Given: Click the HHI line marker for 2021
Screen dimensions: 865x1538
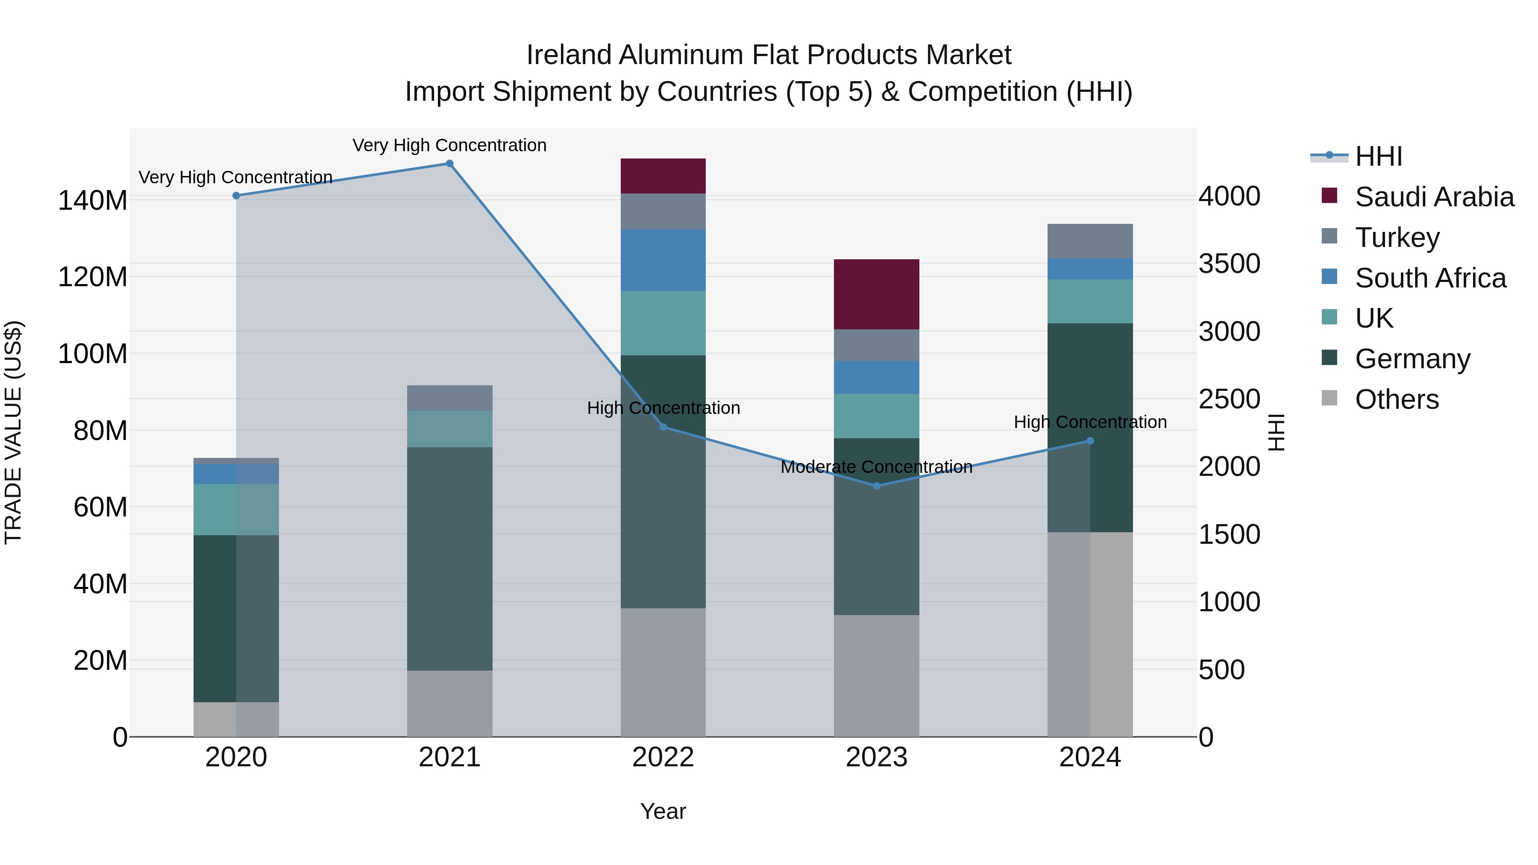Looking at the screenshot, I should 449,164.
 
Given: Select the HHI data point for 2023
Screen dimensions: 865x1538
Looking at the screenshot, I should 877,486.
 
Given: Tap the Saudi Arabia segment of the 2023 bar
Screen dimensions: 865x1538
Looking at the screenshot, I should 877,294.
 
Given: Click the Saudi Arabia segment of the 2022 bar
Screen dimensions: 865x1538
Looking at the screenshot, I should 663,176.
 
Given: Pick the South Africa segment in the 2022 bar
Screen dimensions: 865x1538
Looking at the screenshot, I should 663,260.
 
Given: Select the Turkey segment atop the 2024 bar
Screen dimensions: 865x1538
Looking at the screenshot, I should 1090,241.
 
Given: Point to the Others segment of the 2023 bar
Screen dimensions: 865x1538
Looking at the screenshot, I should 877,676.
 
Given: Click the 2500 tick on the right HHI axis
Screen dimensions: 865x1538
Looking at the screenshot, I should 1229,399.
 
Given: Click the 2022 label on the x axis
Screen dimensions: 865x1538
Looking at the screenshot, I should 663,757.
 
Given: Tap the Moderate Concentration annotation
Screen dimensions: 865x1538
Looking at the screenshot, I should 877,467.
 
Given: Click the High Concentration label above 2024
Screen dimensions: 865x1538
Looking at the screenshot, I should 1090,422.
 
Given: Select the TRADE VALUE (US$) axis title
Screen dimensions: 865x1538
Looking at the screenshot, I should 13,432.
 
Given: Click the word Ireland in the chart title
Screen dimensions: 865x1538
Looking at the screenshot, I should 568,56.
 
